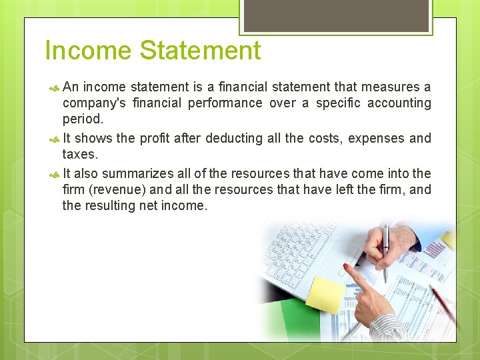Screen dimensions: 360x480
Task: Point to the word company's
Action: point(94,103)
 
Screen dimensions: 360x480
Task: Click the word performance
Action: point(225,103)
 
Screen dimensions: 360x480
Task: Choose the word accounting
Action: point(398,103)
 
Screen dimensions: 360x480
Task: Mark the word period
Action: point(83,119)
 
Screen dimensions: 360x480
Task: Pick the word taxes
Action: point(80,154)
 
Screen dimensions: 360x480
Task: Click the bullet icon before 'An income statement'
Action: point(55,87)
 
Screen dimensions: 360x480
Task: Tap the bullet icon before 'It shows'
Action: point(55,139)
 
